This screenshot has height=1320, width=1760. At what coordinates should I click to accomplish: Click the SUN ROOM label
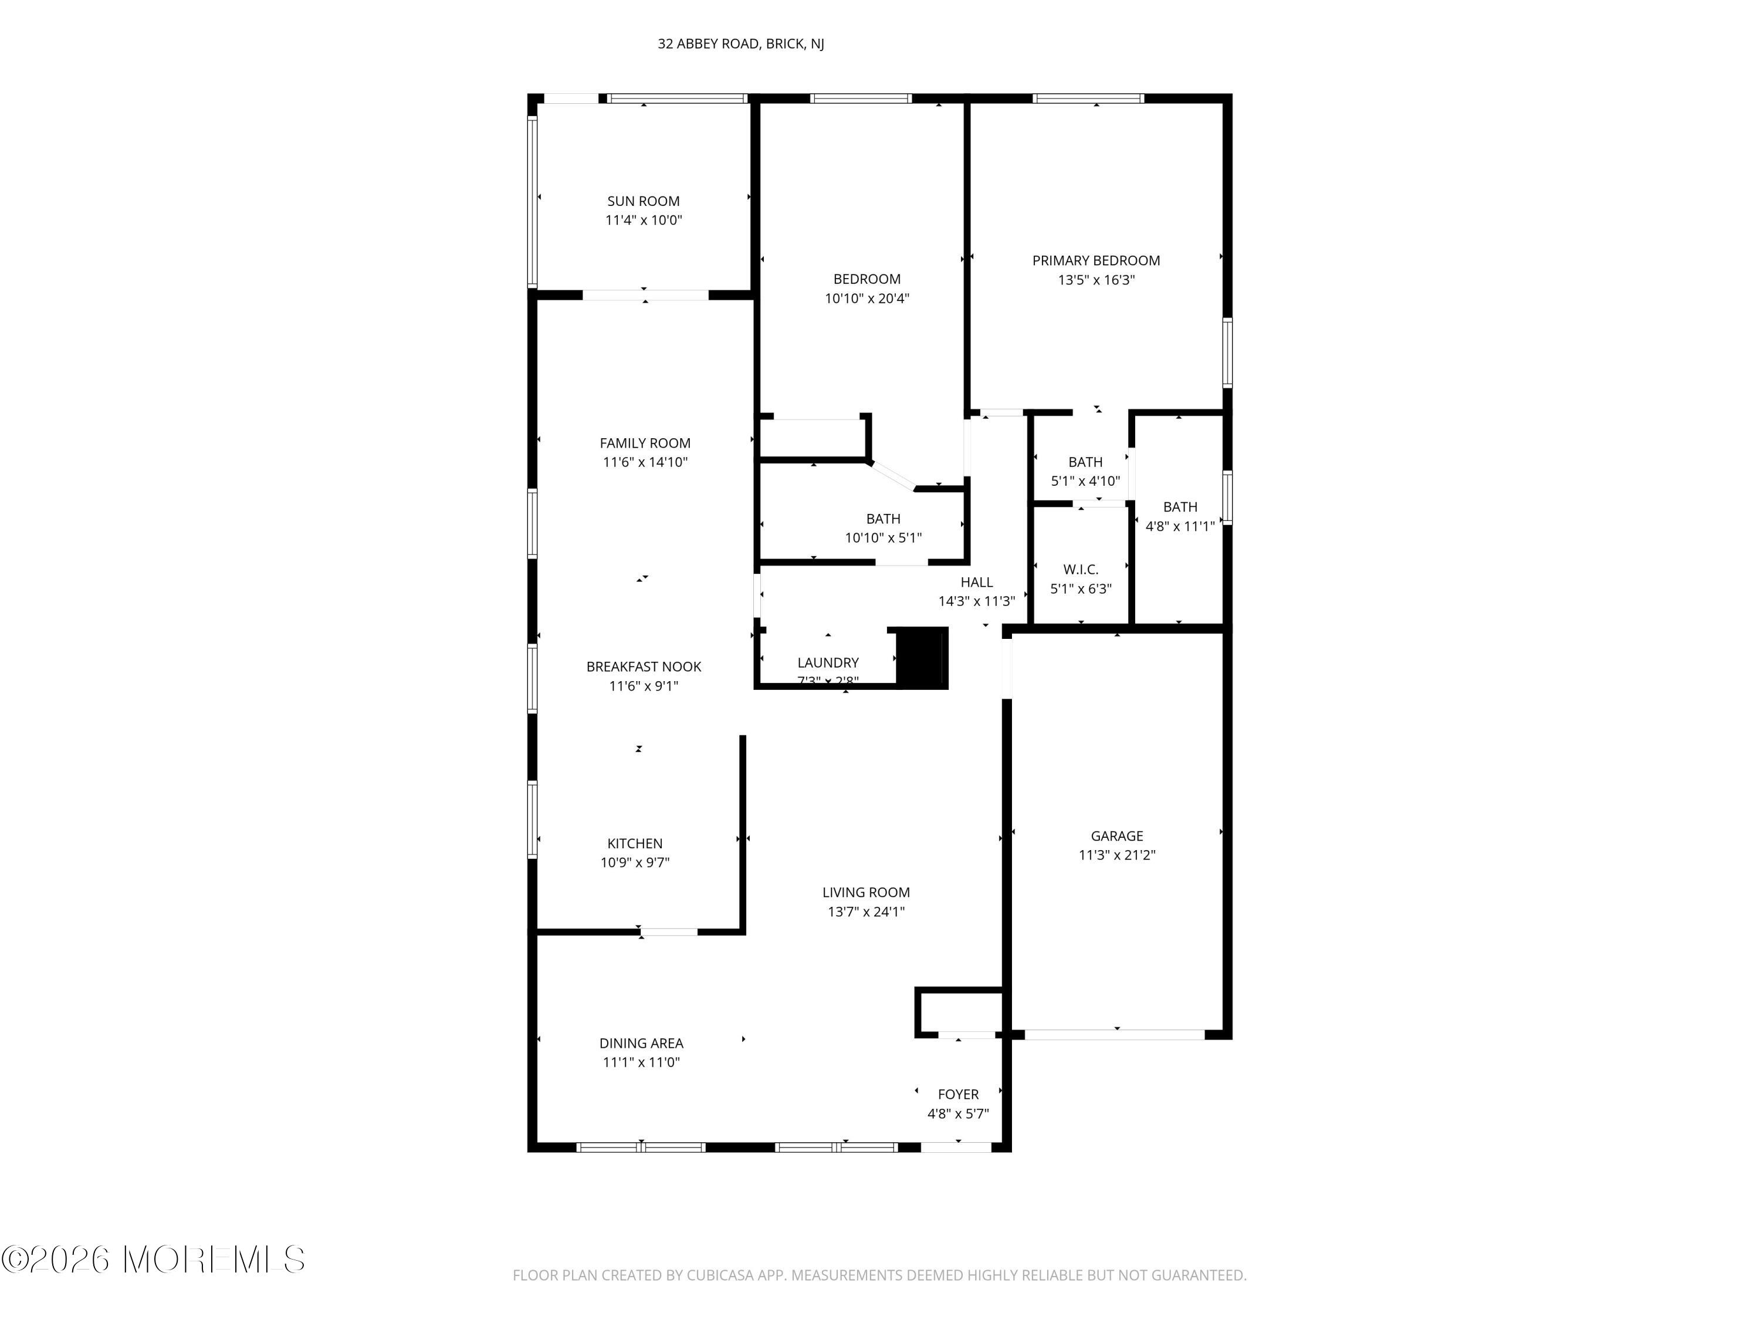(643, 201)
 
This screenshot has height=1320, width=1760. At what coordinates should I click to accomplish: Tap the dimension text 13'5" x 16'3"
(1096, 280)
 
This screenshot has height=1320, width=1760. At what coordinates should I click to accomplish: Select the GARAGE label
(1116, 835)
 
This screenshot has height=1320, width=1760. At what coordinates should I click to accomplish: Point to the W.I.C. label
(1081, 570)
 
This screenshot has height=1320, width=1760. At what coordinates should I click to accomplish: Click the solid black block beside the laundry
(922, 656)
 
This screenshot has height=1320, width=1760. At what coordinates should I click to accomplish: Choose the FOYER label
(957, 1094)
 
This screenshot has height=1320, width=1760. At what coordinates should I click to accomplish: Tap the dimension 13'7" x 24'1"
(866, 912)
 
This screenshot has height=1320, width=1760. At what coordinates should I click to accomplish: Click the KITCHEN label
(634, 844)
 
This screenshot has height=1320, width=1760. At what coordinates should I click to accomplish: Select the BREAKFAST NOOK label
(644, 667)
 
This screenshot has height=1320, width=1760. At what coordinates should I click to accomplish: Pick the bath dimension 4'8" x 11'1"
(1179, 526)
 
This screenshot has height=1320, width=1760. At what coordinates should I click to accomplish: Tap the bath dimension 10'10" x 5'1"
(882, 538)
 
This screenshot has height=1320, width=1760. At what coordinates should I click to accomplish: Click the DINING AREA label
(641, 1043)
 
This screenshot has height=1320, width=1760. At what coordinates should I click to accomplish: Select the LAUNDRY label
(827, 663)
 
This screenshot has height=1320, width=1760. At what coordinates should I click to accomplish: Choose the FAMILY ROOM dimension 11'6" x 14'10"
(645, 462)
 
